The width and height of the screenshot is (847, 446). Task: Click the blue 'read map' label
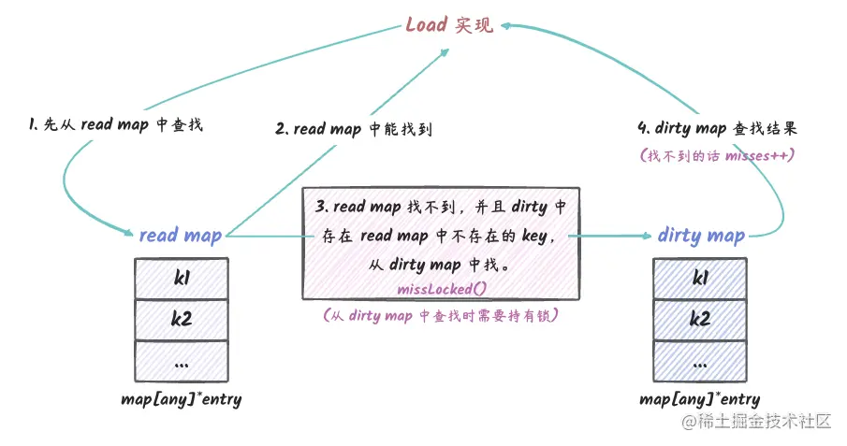[180, 235]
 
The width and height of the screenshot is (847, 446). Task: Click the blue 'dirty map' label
[700, 235]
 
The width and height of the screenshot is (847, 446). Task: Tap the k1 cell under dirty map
[699, 278]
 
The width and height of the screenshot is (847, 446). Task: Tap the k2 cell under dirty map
[699, 319]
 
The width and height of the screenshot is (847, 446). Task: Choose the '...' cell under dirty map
[699, 360]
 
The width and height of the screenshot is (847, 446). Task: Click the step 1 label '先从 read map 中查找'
[115, 125]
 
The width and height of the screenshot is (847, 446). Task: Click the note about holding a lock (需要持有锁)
[440, 316]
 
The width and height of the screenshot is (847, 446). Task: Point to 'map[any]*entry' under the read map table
[181, 399]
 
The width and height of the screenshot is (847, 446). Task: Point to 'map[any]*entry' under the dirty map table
[699, 399]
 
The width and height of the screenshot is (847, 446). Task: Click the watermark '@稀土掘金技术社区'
[756, 422]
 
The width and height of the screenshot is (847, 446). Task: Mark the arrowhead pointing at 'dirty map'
[646, 236]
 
